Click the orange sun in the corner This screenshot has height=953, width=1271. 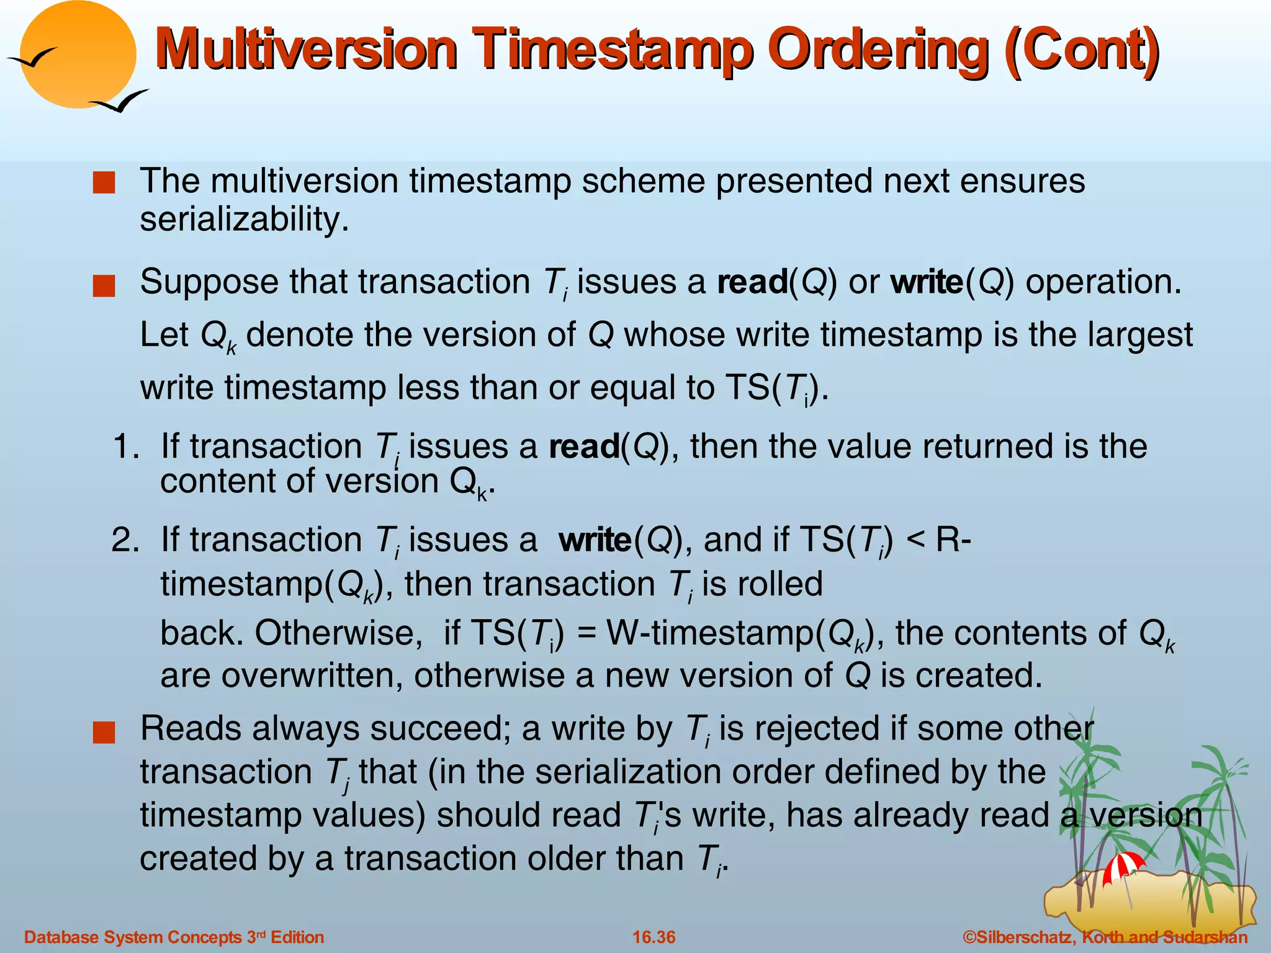(x=78, y=53)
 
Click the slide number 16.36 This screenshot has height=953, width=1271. (x=653, y=937)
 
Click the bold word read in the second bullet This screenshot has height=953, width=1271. (x=752, y=282)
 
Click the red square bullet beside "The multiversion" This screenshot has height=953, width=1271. (x=104, y=184)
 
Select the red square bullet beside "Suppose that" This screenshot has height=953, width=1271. (x=104, y=287)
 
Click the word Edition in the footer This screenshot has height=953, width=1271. (x=297, y=937)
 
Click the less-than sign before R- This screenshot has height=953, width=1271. (x=915, y=540)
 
